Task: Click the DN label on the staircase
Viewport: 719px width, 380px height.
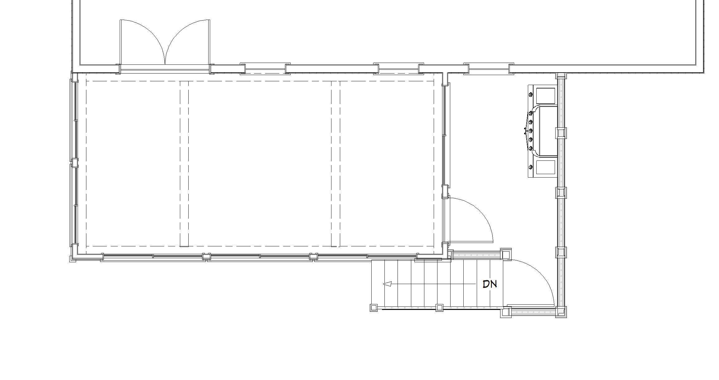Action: [490, 284]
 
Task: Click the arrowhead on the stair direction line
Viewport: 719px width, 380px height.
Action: [387, 284]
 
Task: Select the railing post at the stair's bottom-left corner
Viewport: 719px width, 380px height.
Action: [374, 308]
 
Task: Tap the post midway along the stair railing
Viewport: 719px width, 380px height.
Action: [439, 308]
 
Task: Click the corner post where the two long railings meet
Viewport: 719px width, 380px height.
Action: [561, 311]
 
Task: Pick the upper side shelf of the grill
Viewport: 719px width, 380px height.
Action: [545, 96]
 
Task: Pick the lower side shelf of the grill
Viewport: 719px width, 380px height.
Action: [545, 167]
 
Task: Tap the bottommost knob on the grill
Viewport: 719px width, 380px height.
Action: [531, 167]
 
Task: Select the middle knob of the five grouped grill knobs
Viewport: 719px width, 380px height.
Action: [531, 131]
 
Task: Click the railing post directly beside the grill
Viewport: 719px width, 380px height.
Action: [561, 133]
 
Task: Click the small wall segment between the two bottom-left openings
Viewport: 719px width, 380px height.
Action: [206, 257]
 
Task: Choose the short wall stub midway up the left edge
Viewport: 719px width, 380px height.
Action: [75, 163]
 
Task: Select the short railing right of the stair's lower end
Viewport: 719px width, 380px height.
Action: [533, 311]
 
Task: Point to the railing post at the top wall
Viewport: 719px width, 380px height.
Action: [561, 76]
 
